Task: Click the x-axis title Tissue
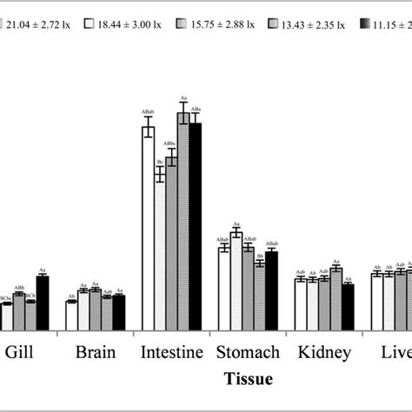(x=248, y=379)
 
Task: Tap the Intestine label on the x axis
(x=171, y=352)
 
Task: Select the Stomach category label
(x=248, y=352)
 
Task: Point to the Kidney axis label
(x=323, y=352)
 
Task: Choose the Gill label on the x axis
(x=20, y=352)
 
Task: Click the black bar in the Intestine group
(x=195, y=226)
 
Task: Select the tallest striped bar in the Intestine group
(x=183, y=221)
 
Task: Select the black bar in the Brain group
(x=119, y=312)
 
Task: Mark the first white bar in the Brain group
(x=71, y=315)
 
